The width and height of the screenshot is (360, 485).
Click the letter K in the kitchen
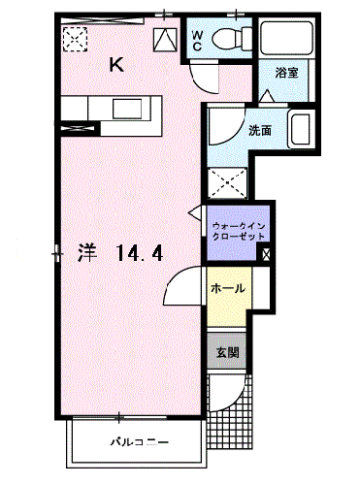[x=116, y=66]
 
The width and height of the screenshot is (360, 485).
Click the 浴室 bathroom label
[x=285, y=74]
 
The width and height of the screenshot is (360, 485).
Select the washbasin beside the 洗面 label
[x=300, y=129]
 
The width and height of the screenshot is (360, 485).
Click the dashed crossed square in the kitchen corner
[x=73, y=40]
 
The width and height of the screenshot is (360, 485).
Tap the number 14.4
[x=138, y=254]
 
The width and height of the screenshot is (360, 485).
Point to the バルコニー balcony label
[x=137, y=442]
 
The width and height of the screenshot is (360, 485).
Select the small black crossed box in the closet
[x=266, y=254]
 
